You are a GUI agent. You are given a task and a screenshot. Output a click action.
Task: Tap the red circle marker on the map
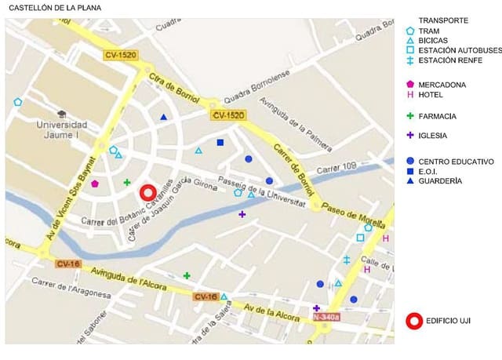[x=148, y=193]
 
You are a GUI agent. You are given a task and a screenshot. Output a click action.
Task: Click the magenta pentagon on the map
[x=95, y=184]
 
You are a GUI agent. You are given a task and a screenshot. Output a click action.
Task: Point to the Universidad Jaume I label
[x=60, y=129]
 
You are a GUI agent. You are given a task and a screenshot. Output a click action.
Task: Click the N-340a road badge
[x=326, y=318]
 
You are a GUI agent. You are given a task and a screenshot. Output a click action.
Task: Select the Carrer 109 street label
[x=336, y=168]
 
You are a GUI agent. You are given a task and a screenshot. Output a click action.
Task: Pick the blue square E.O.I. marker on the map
[x=220, y=143]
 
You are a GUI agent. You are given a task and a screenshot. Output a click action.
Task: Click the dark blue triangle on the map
[x=164, y=118]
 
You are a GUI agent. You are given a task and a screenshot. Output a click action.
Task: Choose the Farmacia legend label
[x=437, y=116]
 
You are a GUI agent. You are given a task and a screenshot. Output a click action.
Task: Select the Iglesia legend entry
[x=432, y=135]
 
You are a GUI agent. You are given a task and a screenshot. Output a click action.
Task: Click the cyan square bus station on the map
[x=360, y=238]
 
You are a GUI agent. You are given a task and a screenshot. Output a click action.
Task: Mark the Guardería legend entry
[x=440, y=181]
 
